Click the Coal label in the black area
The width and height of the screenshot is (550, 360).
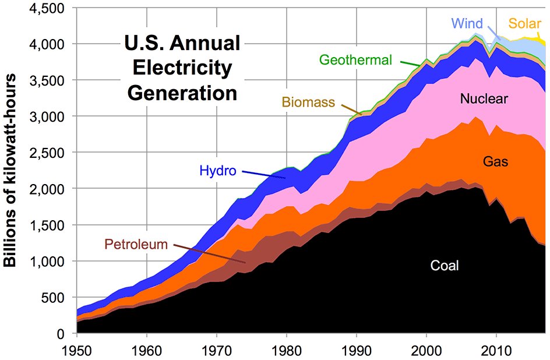pos(445,266)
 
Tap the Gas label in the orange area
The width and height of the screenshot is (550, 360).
pos(496,163)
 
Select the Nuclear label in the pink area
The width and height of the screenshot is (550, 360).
pos(484,99)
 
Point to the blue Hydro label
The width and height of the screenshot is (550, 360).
pos(218,171)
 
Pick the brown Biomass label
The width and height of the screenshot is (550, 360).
pos(309,103)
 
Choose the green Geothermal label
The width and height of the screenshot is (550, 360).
pos(355,59)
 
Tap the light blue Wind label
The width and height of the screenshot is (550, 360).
pos(467,24)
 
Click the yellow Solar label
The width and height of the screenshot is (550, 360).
pos(525,24)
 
